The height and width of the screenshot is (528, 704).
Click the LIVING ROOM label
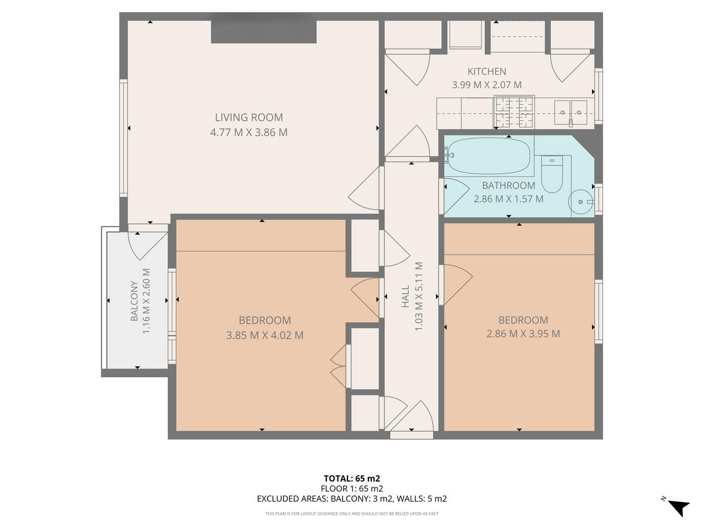249,117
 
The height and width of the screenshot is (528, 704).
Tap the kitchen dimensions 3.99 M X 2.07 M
486,85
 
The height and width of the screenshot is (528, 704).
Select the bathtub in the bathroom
488,155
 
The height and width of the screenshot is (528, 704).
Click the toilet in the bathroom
551,175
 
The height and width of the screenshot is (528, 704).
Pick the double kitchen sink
571,110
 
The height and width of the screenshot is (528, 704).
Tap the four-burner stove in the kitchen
514,112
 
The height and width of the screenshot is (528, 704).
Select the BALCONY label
134,302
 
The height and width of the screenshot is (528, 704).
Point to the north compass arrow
679,506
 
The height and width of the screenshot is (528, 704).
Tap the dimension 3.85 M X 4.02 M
265,336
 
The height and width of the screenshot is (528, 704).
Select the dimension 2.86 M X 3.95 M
523,334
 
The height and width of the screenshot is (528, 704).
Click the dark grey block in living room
264,32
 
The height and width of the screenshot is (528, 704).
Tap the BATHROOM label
509,185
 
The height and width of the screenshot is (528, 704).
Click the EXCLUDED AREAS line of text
352,499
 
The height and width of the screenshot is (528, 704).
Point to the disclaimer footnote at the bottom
352,514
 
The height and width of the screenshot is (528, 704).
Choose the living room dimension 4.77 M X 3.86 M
249,133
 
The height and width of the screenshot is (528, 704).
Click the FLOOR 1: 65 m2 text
352,489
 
